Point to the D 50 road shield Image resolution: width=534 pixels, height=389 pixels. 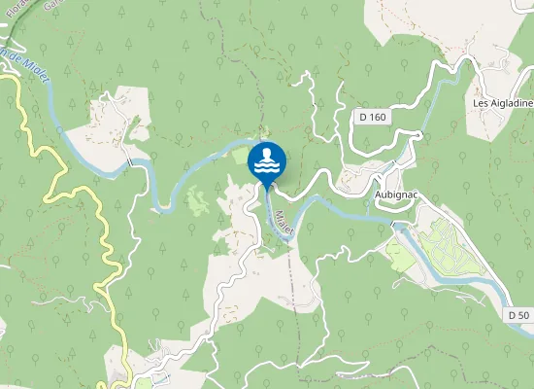click(517, 315)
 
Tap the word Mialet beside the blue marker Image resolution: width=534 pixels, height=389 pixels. click(283, 223)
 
